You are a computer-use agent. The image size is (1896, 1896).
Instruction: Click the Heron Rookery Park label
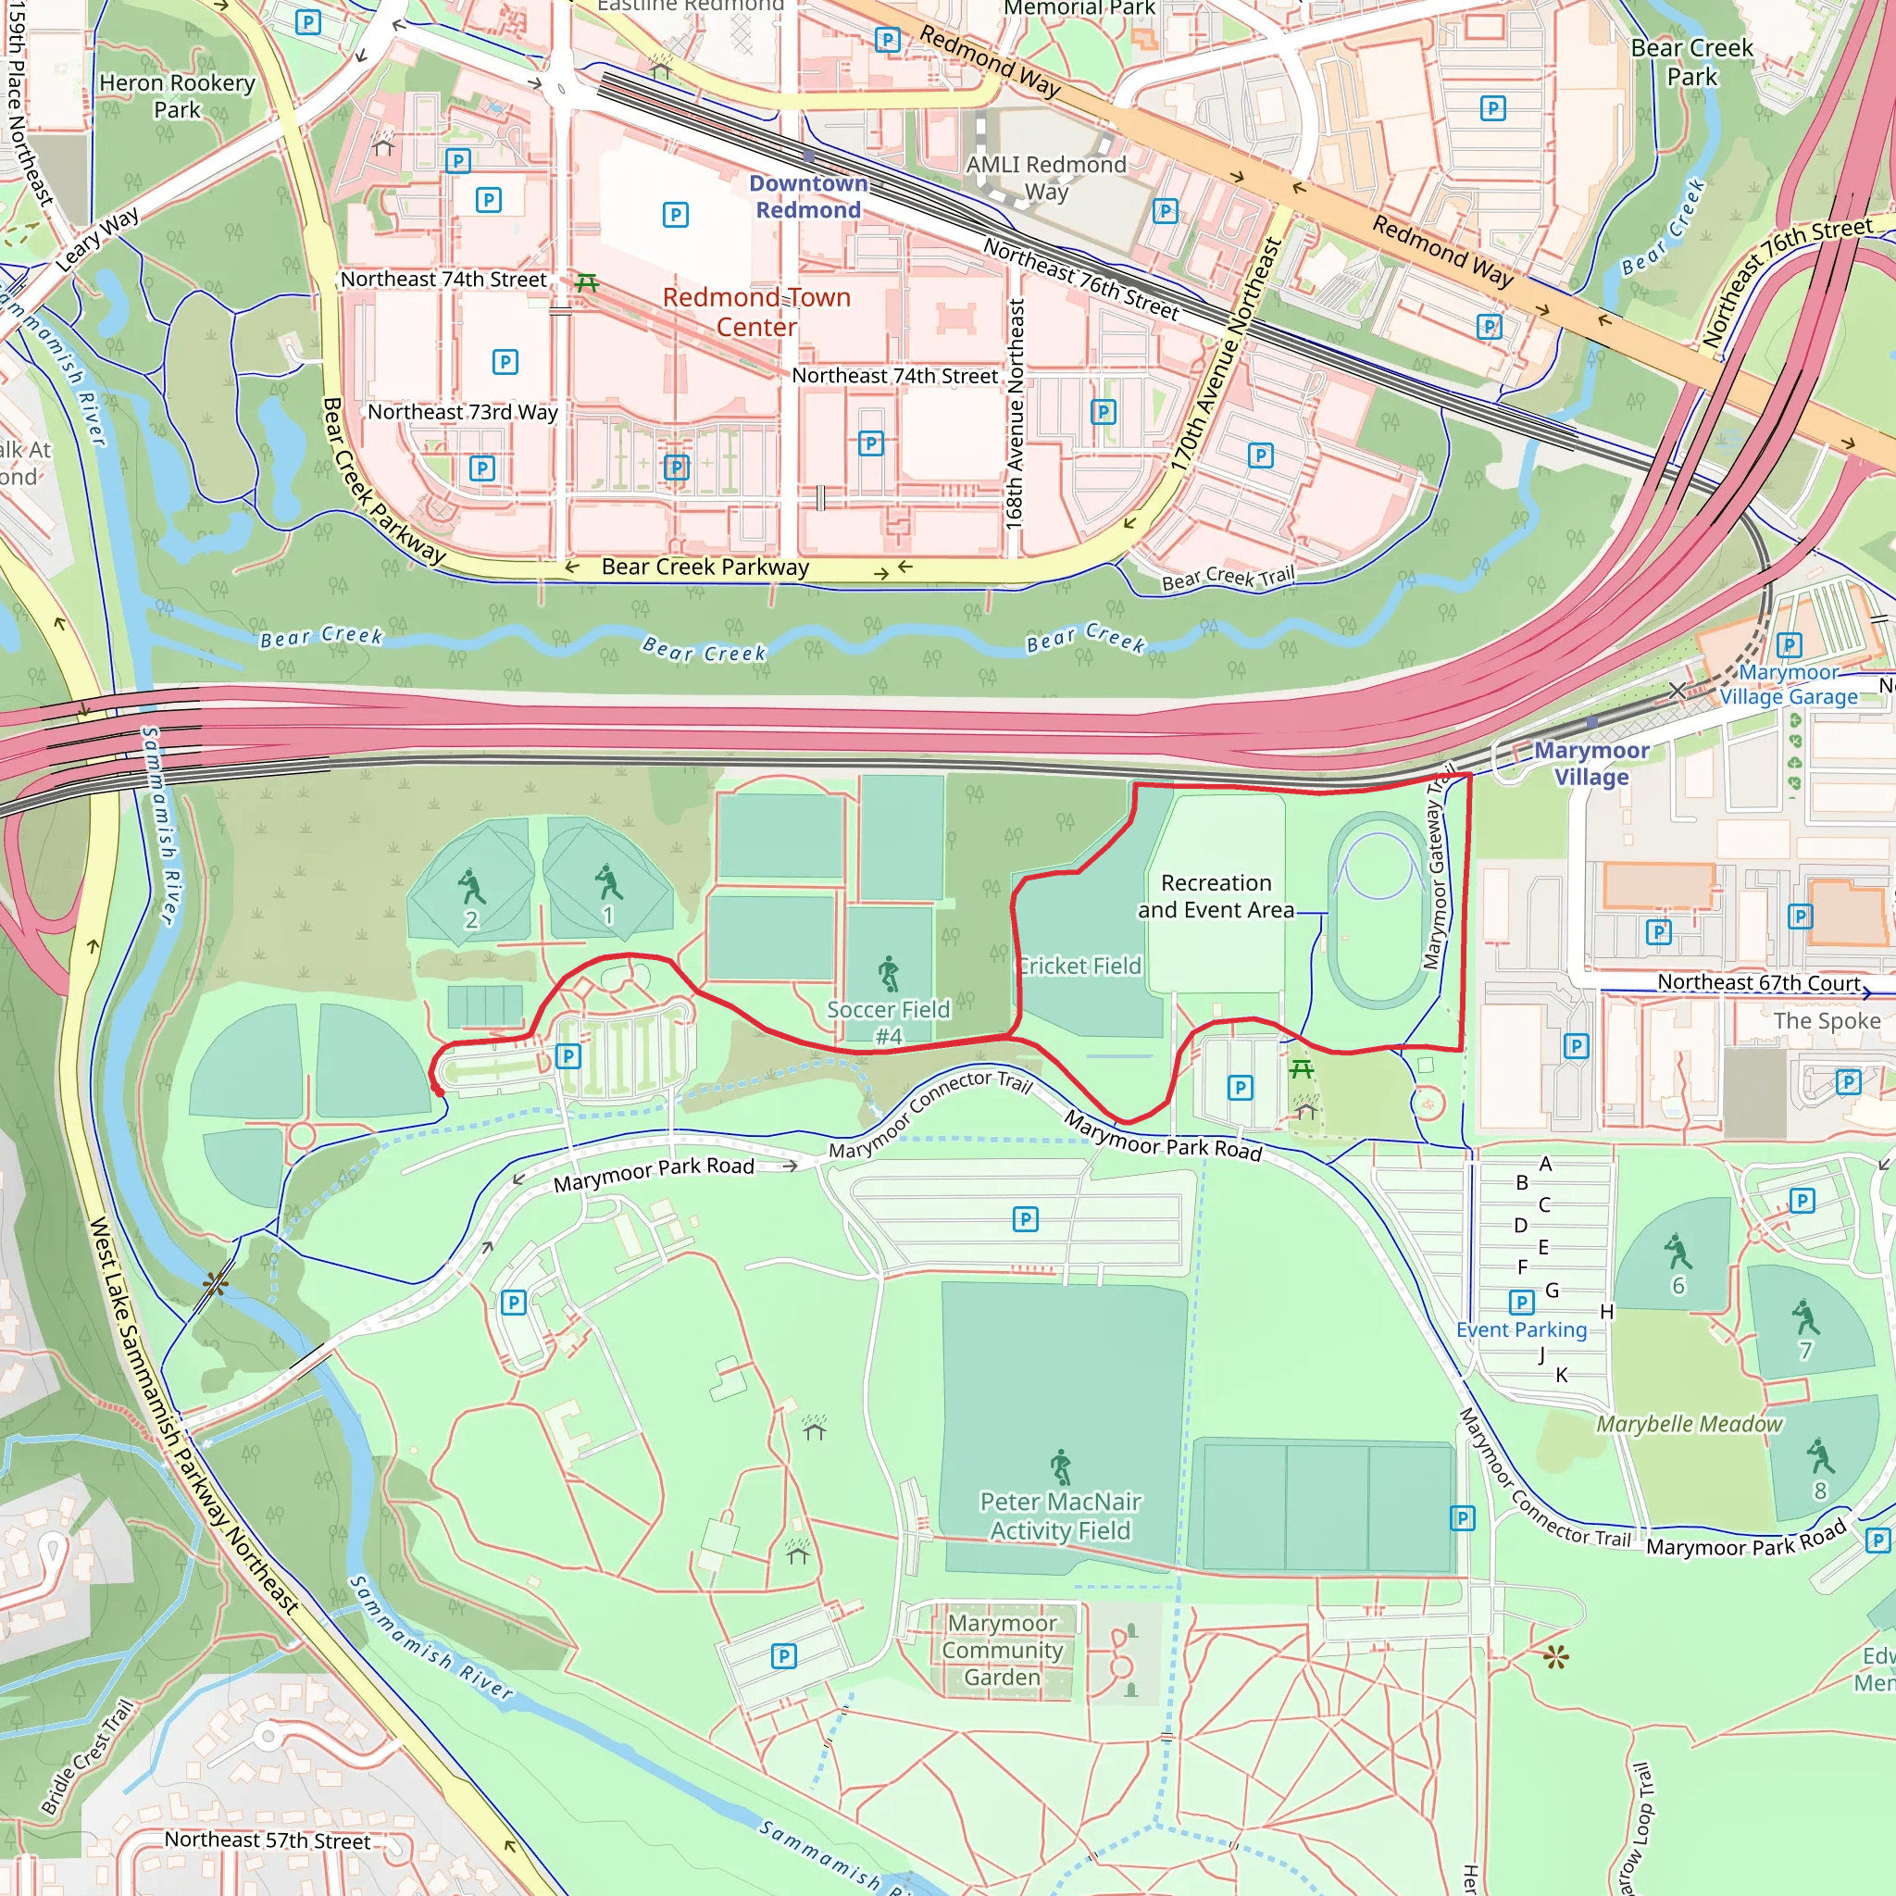[177, 96]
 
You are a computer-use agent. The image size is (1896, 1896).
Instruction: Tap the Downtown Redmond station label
[807, 196]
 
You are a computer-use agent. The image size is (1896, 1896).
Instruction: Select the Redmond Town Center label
[755, 311]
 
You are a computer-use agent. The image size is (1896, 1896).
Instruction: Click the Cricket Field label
[1079, 966]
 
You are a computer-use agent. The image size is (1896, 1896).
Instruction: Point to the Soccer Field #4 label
[888, 1022]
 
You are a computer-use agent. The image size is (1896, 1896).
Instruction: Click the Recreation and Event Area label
[1215, 896]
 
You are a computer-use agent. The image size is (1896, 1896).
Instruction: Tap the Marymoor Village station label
[1590, 763]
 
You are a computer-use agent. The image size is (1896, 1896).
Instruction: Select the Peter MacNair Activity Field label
[1060, 1516]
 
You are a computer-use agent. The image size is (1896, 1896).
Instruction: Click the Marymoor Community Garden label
[1002, 1650]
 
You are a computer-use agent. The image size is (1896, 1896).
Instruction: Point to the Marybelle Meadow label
[1688, 1423]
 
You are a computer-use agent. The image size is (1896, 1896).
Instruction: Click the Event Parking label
[1520, 1328]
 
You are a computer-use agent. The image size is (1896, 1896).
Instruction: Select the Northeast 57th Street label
[267, 1840]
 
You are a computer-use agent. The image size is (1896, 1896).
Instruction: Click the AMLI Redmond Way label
[1046, 178]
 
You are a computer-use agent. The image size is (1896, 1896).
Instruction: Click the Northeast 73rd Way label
[462, 411]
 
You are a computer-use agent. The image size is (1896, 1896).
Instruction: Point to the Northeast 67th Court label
[1758, 982]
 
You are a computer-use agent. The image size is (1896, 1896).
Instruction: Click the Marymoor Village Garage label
[1787, 684]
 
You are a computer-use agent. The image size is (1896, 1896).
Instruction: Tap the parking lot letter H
[1606, 1311]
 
